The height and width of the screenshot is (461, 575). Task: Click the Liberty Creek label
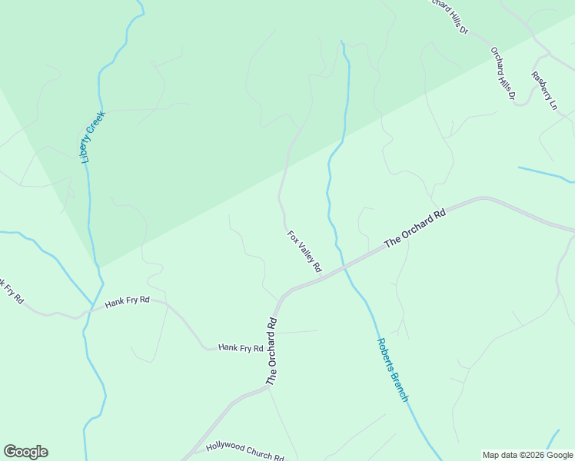[x=93, y=136]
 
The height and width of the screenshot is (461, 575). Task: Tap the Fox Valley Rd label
[x=304, y=252]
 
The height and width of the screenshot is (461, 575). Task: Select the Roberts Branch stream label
[x=392, y=370]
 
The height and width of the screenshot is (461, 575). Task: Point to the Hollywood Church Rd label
[x=245, y=452]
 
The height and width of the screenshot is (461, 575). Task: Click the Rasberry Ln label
[x=543, y=91]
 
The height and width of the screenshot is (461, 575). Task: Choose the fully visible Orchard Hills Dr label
[x=504, y=74]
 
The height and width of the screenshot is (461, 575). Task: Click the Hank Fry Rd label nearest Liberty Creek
[x=127, y=302]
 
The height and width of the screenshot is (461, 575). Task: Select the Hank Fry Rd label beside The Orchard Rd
[x=241, y=348]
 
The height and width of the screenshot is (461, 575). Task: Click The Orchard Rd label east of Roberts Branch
[x=415, y=227]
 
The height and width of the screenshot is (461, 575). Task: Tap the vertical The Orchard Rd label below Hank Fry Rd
[x=271, y=350]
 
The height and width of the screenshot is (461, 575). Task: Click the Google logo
[x=25, y=452]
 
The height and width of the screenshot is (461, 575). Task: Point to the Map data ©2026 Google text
[x=527, y=455]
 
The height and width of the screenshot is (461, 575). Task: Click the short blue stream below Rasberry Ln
[x=546, y=174]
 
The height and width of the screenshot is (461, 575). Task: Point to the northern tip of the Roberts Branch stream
[x=342, y=43]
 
